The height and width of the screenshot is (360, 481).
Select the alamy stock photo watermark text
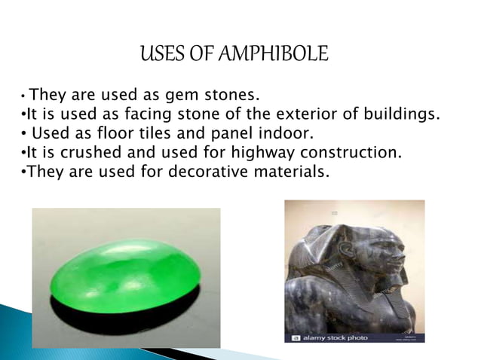point(335,337)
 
